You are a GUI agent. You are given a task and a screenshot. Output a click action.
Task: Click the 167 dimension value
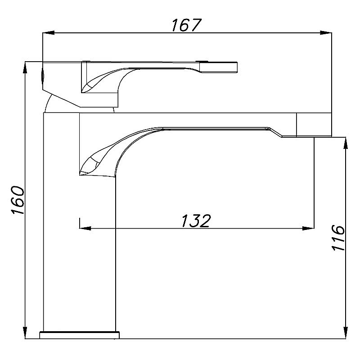pos(186,25)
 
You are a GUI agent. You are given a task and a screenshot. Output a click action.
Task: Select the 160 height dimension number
pos(18,200)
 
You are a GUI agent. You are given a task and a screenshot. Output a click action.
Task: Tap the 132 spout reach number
pos(196,221)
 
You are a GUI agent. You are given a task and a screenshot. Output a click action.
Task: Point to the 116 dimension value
pos(338,238)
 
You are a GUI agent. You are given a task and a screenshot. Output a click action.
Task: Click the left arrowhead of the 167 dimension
pos(49,33)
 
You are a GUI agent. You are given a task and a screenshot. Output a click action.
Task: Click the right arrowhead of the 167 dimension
pos(326,33)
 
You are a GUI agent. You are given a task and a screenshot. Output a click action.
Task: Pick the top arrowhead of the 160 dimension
pos(25,67)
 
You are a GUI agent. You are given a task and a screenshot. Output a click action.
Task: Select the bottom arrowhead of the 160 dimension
pos(25,333)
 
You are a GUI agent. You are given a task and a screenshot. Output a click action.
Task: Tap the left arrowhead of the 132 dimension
pos(85,228)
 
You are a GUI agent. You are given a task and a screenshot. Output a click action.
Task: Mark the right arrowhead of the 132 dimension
pos(308,228)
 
